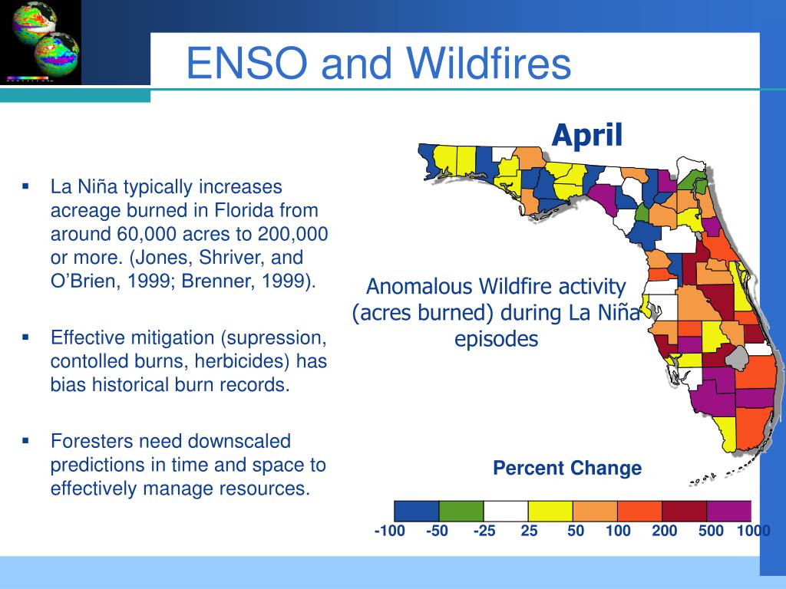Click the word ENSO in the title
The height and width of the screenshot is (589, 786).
(x=246, y=63)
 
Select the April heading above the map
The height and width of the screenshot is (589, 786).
(x=587, y=136)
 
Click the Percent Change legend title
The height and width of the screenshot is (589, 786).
(x=567, y=468)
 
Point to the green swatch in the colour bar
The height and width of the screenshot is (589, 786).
(x=461, y=512)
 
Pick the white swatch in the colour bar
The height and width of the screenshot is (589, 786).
(x=506, y=512)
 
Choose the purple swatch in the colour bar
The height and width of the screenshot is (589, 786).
(x=728, y=512)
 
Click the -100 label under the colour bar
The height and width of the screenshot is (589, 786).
(x=389, y=531)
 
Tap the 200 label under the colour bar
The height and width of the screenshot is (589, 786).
(x=664, y=531)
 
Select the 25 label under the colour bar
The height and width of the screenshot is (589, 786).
(x=529, y=531)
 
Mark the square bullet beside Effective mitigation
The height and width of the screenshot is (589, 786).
(x=25, y=337)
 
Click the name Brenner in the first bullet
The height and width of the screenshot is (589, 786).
(x=214, y=281)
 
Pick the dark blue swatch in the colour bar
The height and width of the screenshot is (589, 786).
(x=417, y=512)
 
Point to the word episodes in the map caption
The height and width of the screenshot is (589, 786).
(x=497, y=340)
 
